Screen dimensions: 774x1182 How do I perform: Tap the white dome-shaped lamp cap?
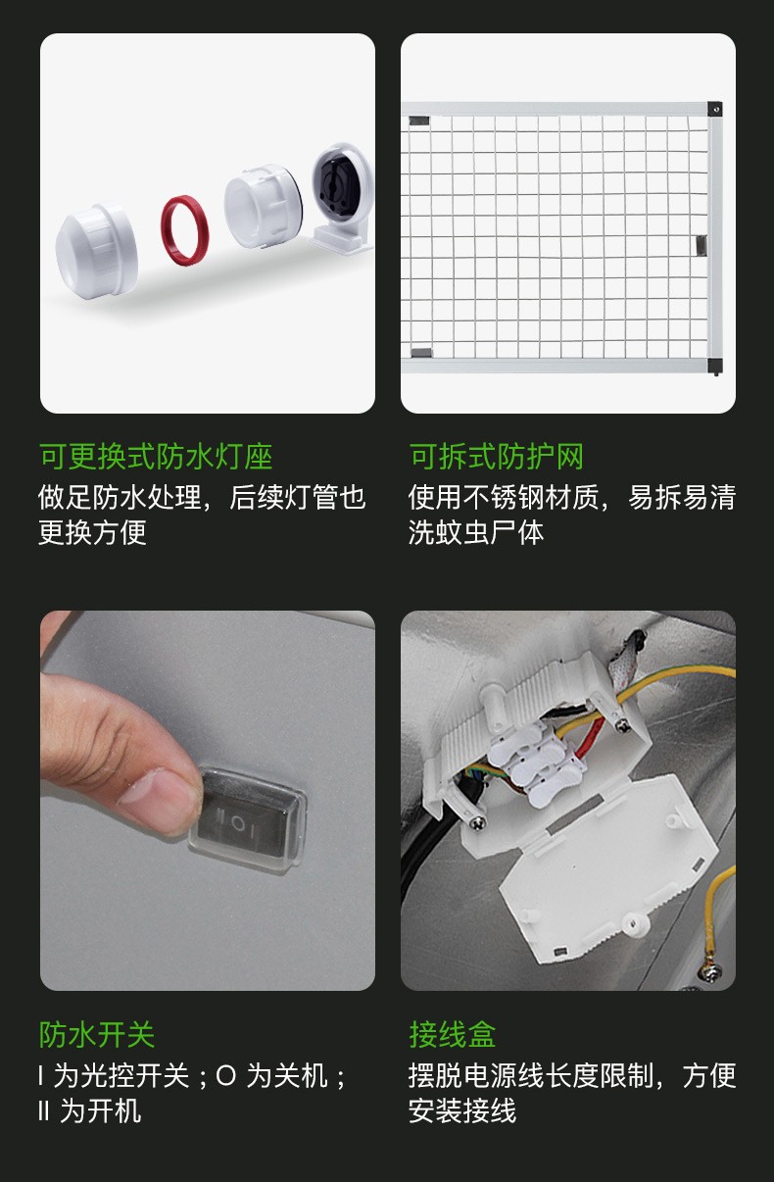coord(97,251)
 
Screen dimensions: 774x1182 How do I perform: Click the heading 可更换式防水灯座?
coord(156,457)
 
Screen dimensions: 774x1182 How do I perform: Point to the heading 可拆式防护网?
coord(496,457)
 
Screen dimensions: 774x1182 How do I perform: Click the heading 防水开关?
coord(97,1034)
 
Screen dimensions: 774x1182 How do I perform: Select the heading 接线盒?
coord(453,1034)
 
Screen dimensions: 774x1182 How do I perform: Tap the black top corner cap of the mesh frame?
coord(714,109)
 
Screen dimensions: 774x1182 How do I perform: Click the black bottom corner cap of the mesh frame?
coord(714,366)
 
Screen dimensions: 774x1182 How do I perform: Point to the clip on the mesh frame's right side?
coord(701,245)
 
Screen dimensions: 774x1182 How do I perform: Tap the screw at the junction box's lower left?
coord(477,821)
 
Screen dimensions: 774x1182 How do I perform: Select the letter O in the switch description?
coord(225,1076)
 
